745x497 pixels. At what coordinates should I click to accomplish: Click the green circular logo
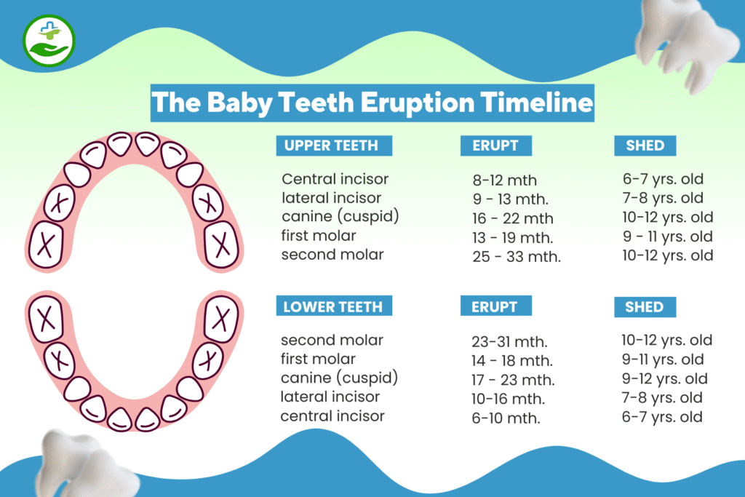point(49,39)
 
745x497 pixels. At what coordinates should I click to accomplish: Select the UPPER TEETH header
point(333,146)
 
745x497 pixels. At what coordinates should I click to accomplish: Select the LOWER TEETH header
point(333,306)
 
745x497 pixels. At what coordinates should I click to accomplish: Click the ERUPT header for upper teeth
point(495,146)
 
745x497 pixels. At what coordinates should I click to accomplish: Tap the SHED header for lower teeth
point(645,306)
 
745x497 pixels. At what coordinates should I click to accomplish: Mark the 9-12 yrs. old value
point(664,379)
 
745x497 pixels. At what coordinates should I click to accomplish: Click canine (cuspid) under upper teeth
point(340,217)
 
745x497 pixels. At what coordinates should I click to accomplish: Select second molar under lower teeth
point(332,340)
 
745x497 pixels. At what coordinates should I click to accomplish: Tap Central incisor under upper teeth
point(335,179)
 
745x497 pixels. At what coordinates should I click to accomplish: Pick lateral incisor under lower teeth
point(330,397)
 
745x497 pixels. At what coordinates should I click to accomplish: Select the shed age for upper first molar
point(666,236)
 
